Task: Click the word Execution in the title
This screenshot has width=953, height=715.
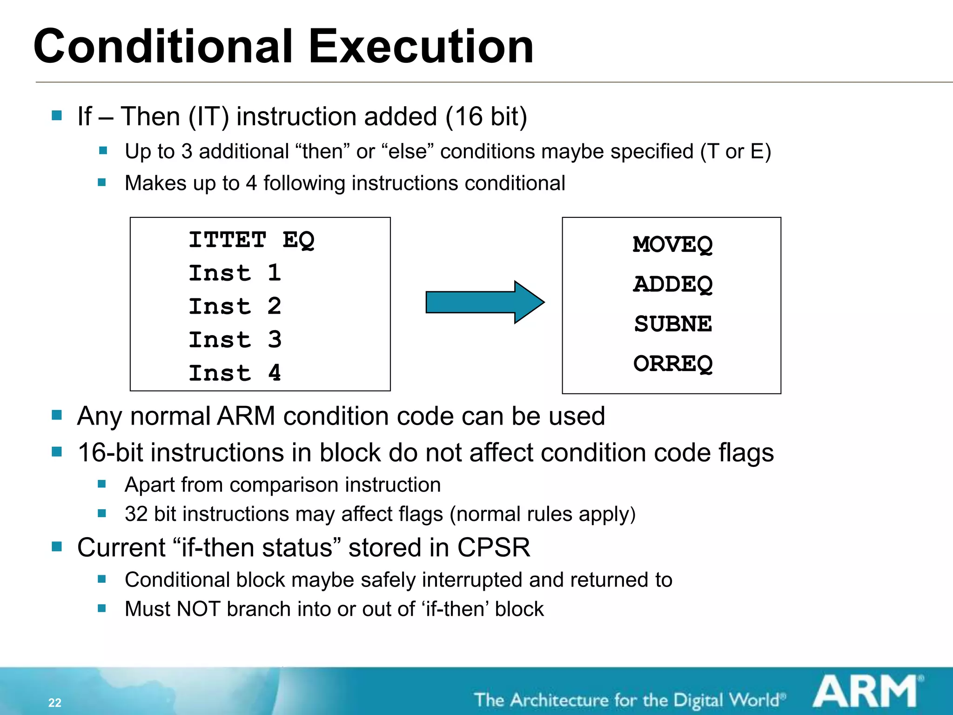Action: coord(421,47)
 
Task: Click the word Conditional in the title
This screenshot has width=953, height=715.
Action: coord(163,47)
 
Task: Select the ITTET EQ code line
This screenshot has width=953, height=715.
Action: coord(251,241)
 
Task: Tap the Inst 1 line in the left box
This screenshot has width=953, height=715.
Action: coord(235,273)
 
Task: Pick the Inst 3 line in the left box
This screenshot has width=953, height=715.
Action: coord(235,340)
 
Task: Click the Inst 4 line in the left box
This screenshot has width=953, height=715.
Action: coord(235,373)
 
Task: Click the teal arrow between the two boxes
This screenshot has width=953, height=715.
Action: coord(484,302)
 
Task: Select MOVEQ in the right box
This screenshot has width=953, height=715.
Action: coord(672,245)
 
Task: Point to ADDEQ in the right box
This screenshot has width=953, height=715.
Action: coord(672,284)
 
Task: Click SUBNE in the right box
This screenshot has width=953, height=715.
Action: coord(672,324)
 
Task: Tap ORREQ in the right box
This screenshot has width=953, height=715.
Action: coord(672,364)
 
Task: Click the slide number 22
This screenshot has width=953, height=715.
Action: coord(55,702)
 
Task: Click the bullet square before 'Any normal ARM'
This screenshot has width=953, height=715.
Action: coord(57,415)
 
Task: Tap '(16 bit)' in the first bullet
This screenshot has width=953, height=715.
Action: coord(486,116)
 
